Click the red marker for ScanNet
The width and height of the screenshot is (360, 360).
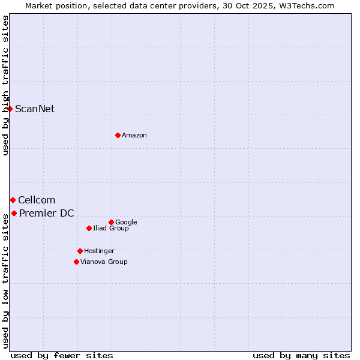coord(10,109)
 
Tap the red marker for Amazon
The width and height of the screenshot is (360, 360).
coord(118,135)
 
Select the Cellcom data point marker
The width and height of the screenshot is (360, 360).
coord(13,200)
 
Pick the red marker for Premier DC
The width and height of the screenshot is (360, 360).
coord(14,213)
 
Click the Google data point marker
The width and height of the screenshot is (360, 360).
coord(111,222)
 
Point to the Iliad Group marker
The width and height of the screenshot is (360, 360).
coord(89,228)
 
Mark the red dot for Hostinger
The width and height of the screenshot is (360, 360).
coord(80,251)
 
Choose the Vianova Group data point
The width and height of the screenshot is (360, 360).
coord(76,262)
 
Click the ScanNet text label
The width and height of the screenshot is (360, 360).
coord(35,109)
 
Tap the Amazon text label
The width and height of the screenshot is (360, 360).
coord(134,135)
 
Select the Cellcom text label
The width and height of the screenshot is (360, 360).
coord(37,200)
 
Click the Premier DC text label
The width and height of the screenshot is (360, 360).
coord(47,213)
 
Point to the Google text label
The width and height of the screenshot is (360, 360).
coord(126,222)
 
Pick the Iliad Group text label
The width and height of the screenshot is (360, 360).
coord(111,228)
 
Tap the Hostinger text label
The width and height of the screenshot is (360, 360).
coord(99,251)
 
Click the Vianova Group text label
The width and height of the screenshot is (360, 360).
coord(104,262)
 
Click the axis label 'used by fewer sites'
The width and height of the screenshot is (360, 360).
coord(62,355)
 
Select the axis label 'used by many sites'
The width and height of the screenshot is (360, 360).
coord(301,355)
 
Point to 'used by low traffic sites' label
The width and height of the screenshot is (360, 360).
coord(5,280)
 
